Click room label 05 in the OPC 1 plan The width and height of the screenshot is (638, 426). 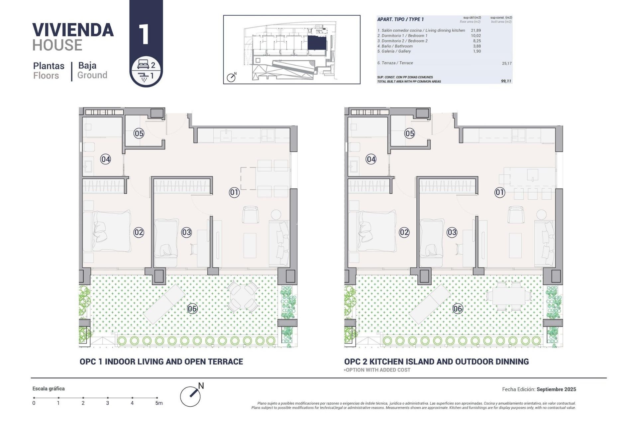coord(139,133)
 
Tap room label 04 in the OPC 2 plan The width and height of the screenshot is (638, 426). coord(371,159)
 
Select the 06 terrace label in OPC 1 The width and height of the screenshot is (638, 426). coord(192,309)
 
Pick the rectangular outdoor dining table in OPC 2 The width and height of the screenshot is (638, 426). coord(508,296)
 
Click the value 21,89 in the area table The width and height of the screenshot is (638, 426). coord(476,30)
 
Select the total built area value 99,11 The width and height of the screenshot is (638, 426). coord(506,81)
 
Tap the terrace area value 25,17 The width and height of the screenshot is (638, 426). coord(506,63)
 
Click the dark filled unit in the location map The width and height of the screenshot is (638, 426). coord(316,43)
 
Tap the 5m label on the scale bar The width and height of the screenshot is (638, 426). coord(159,403)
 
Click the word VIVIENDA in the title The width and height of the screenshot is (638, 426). coord(73,30)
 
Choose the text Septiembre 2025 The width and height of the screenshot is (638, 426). coord(556,389)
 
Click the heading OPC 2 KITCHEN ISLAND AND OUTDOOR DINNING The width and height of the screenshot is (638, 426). coord(436,361)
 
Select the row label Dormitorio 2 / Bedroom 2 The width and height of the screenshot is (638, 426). coord(402,41)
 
